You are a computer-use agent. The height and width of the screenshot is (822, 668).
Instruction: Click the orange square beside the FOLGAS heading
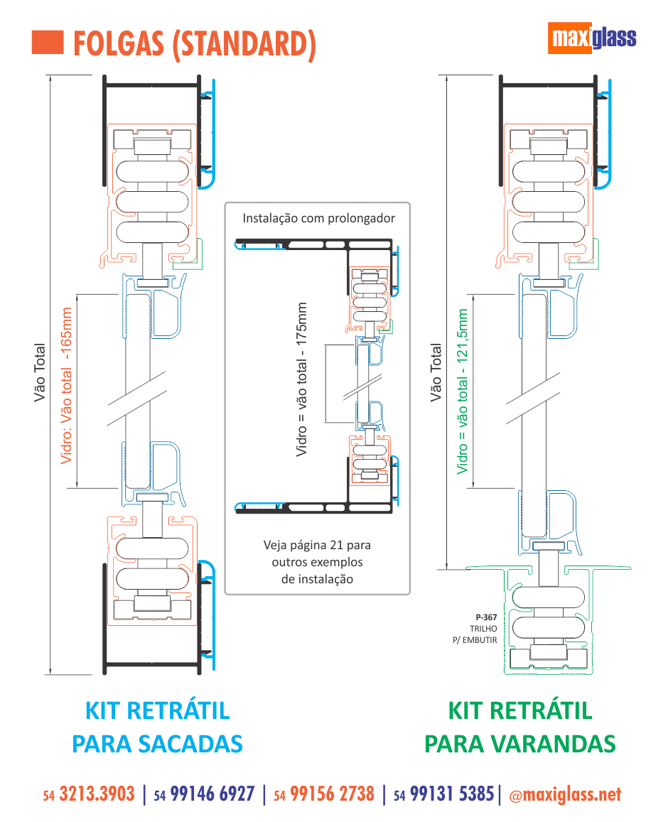pos(48,43)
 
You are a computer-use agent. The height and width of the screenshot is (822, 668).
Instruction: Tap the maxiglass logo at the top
pos(593,38)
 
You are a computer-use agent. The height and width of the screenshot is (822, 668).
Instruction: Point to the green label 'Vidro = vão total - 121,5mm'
pos(463,391)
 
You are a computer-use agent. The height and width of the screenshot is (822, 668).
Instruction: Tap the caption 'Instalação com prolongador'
pos(318,218)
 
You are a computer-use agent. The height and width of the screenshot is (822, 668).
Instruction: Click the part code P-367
pos(486,617)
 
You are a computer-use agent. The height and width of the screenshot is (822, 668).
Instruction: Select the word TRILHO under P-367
pos(483,629)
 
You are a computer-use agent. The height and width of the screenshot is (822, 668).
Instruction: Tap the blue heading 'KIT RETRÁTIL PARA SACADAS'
pos(158,727)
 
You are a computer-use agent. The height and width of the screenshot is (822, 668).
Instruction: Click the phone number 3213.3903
pos(97,794)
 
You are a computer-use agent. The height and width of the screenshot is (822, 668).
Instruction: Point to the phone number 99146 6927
pos(212,794)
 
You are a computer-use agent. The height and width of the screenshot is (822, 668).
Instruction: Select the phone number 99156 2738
pos(332,794)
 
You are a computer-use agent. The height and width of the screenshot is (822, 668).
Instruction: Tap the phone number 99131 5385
pos(452,794)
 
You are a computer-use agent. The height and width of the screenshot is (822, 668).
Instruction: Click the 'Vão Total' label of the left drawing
pos(40,373)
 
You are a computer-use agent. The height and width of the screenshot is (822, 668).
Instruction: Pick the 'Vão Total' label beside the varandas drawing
pos(436,373)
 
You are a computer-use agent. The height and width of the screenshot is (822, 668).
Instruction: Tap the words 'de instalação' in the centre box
pos(317,578)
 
